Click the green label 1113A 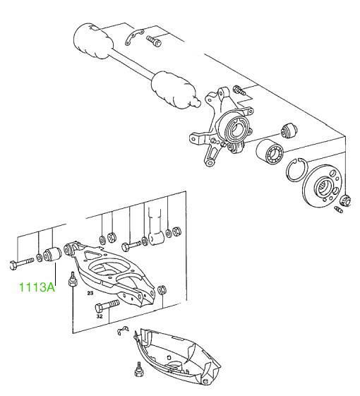coord(37,287)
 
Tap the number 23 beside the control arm coord(90,293)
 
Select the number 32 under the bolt coord(100,316)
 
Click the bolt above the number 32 coord(107,306)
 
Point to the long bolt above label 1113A coord(21,263)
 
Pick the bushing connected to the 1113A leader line coord(52,255)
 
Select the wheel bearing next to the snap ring coord(269,152)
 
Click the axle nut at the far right coord(345,201)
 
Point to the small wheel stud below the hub coord(339,210)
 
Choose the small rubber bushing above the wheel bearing coord(289,131)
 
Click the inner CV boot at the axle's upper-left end coord(92,41)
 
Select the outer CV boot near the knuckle coord(175,91)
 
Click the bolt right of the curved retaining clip coord(154,41)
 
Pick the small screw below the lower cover coord(138,370)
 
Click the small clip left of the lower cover coord(123,330)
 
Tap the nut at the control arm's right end coord(162,290)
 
